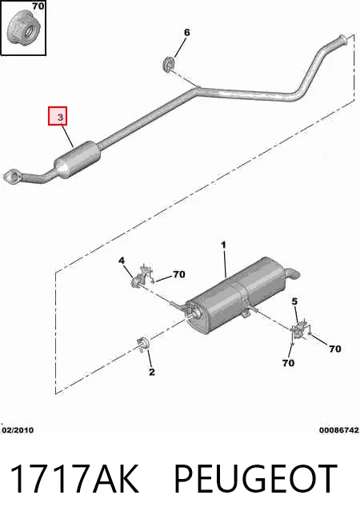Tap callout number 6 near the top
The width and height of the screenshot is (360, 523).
(187, 32)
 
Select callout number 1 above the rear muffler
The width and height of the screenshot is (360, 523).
(223, 245)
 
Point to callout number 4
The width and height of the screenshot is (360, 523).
(122, 260)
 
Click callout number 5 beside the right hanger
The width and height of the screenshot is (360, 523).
(294, 301)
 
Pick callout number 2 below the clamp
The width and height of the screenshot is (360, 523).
(152, 372)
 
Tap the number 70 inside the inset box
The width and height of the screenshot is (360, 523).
(38, 6)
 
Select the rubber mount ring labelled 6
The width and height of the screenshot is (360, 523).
(169, 64)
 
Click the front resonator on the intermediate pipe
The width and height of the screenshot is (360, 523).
(78, 160)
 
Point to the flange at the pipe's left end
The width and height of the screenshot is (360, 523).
(12, 177)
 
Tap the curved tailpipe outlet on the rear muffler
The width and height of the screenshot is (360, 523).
(292, 273)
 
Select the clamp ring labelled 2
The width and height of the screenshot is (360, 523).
(143, 344)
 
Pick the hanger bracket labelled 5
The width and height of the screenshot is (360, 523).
(299, 329)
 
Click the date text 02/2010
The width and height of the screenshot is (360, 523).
(18, 430)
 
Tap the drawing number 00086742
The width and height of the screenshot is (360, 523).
(339, 430)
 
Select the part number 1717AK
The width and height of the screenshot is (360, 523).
(74, 479)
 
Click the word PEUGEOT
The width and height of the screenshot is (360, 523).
(255, 479)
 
